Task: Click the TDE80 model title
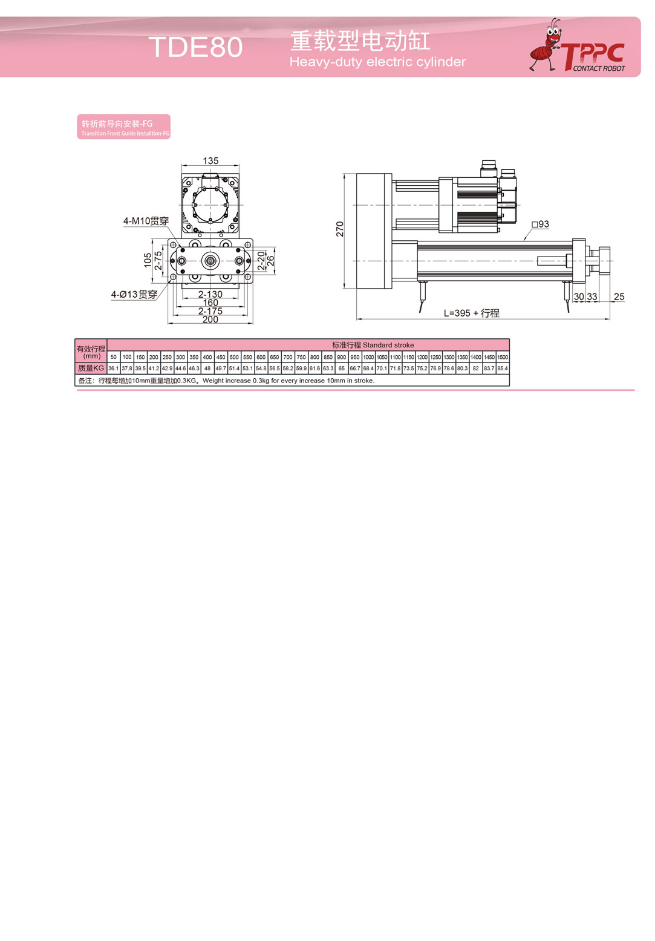tap(196, 47)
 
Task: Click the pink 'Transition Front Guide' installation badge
tap(124, 126)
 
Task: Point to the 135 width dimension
tap(210, 161)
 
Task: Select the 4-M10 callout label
tap(146, 221)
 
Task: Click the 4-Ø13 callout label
tap(134, 295)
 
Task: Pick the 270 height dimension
tap(340, 229)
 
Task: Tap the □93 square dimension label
tap(540, 225)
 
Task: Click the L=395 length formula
tap(472, 313)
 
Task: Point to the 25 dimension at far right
tap(619, 297)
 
